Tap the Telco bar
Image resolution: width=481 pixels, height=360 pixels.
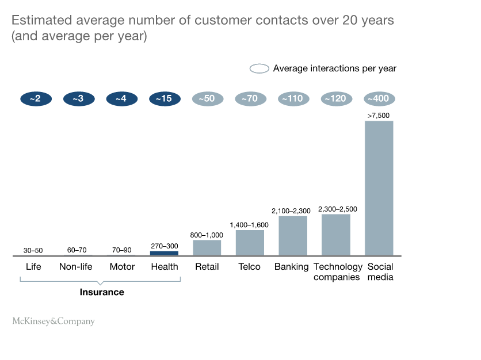click(x=250, y=243)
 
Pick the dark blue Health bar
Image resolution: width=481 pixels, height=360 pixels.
click(x=164, y=253)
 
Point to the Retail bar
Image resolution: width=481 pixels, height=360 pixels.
click(x=207, y=248)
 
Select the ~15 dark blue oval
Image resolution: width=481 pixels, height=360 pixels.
click(x=163, y=99)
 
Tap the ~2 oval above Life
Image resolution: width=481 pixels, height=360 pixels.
click(x=36, y=99)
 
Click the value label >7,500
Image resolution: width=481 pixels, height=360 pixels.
click(x=379, y=116)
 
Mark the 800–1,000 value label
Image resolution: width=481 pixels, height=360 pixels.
click(x=207, y=235)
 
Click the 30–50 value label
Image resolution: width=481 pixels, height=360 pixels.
click(x=33, y=251)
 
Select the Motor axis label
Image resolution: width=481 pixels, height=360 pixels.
click(x=122, y=267)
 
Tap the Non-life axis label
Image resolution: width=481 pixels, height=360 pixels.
click(x=77, y=267)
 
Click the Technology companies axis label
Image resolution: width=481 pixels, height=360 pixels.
click(x=338, y=272)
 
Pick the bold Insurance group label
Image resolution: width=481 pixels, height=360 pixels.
click(x=102, y=292)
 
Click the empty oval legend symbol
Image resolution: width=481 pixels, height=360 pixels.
click(x=259, y=68)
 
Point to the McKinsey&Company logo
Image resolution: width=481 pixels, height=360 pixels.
click(x=54, y=321)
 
